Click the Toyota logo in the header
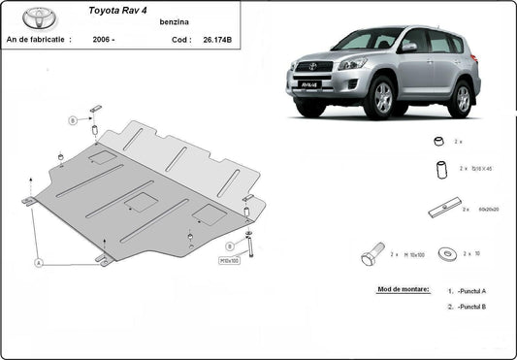click(40, 17)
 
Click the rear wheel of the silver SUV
click(460, 98)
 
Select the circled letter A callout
click(39, 262)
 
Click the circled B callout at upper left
click(72, 120)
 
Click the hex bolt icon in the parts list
click(372, 256)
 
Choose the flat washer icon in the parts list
click(447, 254)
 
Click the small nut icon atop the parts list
click(438, 142)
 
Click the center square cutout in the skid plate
click(142, 202)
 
